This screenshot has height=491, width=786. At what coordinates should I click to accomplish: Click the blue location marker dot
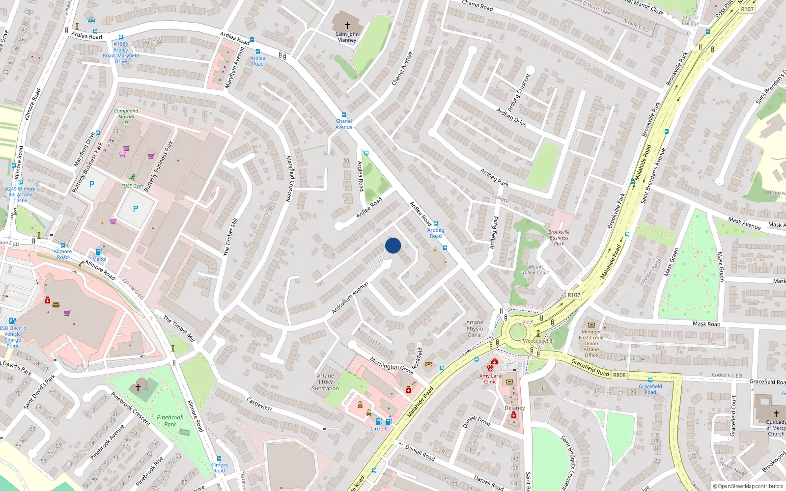393,245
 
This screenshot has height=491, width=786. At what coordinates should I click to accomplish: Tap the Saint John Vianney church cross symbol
347,26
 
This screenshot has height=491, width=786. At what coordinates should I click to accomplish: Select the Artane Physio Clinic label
475,329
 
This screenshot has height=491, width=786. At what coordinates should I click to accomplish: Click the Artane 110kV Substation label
325,382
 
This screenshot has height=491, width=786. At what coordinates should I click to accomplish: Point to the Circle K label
379,429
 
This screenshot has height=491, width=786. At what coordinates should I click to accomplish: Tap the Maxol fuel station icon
99,252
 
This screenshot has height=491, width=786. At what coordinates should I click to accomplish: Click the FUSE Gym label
132,186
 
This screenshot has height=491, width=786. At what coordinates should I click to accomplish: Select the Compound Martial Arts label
126,117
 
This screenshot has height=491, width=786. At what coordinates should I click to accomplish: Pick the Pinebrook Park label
170,421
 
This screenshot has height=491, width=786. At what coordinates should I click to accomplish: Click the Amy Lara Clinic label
490,379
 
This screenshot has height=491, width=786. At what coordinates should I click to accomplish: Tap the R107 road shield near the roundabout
574,295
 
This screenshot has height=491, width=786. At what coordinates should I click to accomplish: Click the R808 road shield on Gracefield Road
619,375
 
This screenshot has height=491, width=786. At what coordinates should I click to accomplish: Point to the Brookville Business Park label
559,238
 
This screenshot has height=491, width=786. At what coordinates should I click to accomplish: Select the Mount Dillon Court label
536,270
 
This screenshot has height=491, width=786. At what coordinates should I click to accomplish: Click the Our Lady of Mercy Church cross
776,413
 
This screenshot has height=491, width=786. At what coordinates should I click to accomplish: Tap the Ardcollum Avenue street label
349,298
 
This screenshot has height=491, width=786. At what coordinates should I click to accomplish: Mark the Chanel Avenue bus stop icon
343,114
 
